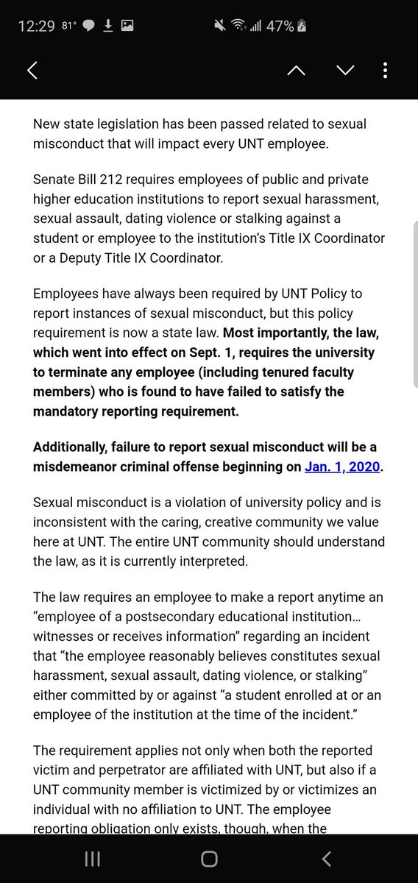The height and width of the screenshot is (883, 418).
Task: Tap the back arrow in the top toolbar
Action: [x=32, y=71]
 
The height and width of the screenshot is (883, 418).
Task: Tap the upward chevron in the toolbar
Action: [x=296, y=71]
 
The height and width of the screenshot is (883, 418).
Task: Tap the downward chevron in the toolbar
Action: [x=344, y=71]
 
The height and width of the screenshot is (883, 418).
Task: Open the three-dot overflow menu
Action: [x=386, y=71]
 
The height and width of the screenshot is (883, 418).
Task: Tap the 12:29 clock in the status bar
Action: [x=36, y=26]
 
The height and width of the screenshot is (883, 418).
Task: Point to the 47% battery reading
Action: [x=280, y=26]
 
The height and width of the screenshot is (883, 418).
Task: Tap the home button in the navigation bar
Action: [x=209, y=859]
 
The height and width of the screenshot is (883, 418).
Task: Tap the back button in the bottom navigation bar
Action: [x=326, y=859]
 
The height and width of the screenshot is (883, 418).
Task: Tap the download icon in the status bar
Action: [x=108, y=26]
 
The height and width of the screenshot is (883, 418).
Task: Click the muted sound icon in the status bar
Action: [x=220, y=26]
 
